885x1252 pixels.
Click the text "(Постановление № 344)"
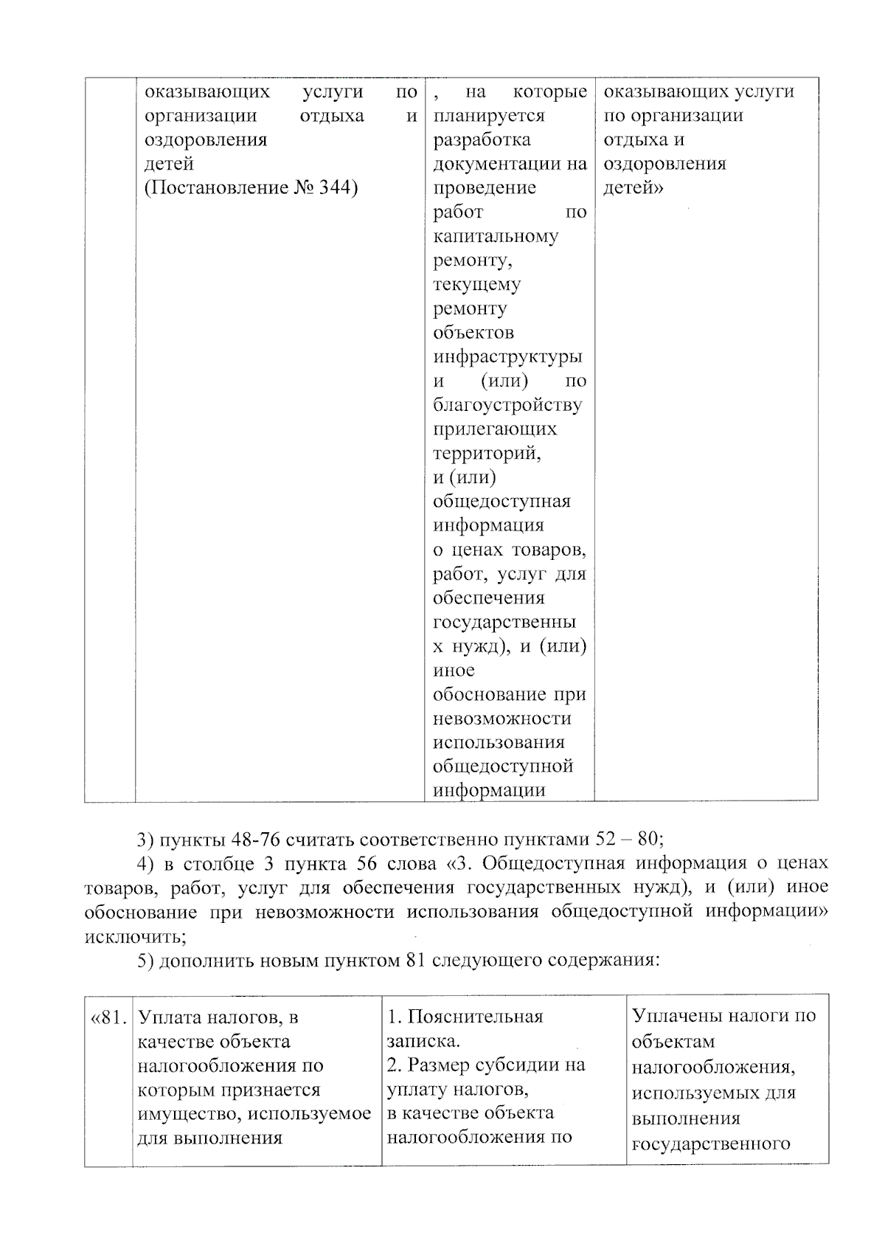pyautogui.click(x=251, y=188)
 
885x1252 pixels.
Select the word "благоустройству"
pyautogui.click(x=507, y=405)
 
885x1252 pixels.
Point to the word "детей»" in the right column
pyautogui.click(x=634, y=188)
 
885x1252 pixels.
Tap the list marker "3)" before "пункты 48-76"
pyautogui.click(x=145, y=840)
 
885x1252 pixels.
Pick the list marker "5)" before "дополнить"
pyautogui.click(x=145, y=961)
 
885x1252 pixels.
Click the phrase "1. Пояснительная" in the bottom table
pyautogui.click(x=465, y=1017)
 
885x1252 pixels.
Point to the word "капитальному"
pyautogui.click(x=496, y=236)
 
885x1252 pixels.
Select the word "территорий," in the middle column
pyautogui.click(x=487, y=453)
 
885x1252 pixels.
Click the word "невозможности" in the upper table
pyautogui.click(x=502, y=719)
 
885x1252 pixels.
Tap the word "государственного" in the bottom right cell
pyautogui.click(x=711, y=1144)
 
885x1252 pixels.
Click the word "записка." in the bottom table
pyautogui.click(x=423, y=1041)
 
